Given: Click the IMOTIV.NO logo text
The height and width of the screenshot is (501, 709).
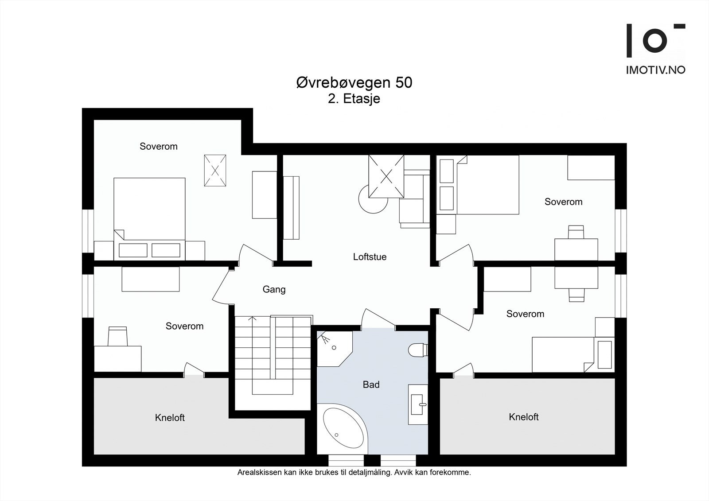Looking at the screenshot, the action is click(655, 70).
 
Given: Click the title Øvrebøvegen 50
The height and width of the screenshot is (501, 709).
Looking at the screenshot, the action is click(354, 82).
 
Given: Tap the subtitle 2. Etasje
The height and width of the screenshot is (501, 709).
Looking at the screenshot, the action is click(354, 99).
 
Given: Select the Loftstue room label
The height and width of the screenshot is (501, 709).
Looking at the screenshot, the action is click(370, 256).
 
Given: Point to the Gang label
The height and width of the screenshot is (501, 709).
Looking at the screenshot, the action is click(274, 290).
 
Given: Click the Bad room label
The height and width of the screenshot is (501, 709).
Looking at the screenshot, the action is click(371, 384).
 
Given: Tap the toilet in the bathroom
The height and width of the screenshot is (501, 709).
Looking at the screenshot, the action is click(418, 350).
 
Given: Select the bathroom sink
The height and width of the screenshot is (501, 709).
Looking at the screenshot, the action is click(417, 404).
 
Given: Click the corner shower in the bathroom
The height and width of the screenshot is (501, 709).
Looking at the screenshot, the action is click(335, 349).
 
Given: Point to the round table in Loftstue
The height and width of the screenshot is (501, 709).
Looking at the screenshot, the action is click(373, 199).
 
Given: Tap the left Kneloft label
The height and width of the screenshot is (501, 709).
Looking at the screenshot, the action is click(170, 418).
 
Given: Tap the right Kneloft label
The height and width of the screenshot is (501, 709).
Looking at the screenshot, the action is click(523, 417).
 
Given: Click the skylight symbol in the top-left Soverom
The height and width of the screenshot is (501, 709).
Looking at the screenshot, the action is click(215, 170).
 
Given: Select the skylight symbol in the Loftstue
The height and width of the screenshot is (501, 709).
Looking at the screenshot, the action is click(386, 176).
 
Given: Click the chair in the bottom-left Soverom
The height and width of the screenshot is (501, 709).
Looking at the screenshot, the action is click(117, 336).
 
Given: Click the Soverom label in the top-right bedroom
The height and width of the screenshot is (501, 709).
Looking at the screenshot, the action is click(563, 202).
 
